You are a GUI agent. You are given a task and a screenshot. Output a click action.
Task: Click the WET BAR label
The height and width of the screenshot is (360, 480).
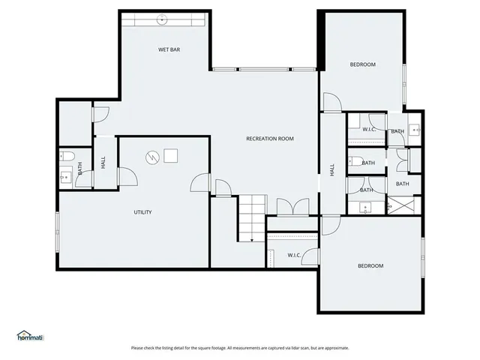tap(169, 49)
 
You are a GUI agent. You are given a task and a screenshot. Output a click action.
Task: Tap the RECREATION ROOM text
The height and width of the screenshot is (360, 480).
tap(270, 139)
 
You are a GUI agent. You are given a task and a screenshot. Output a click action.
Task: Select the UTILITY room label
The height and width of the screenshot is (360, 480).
tap(142, 212)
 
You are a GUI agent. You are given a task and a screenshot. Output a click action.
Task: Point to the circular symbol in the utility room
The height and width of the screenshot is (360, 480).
tap(152, 157)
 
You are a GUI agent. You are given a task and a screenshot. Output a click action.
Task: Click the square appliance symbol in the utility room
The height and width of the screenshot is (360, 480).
tap(171, 156)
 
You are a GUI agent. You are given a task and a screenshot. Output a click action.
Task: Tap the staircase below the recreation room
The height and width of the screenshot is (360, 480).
tap(253, 217)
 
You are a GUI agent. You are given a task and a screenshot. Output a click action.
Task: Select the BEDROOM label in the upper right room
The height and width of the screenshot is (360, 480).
tap(362, 64)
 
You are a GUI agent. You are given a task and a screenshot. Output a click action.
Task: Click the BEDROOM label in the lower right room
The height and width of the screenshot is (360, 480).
tap(370, 265)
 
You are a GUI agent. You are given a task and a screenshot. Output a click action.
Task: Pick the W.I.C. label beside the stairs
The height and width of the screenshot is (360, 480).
tap(294, 255)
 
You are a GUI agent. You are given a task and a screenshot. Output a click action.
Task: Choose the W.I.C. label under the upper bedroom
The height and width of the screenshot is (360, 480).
tap(369, 130)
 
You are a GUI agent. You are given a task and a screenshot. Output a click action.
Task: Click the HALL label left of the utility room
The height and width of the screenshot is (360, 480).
tap(103, 162)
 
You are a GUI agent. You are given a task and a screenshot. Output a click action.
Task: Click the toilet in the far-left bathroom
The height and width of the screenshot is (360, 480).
tap(65, 156)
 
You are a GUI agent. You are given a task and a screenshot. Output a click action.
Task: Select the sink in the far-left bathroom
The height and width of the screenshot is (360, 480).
tap(65, 178)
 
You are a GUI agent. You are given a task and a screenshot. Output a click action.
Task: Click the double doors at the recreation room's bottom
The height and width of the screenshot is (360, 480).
tap(291, 207)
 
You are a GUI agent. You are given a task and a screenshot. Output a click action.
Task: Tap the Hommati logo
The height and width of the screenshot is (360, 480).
tap(30, 336)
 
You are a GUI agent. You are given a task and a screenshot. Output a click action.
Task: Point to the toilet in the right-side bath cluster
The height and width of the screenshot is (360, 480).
tap(354, 161)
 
